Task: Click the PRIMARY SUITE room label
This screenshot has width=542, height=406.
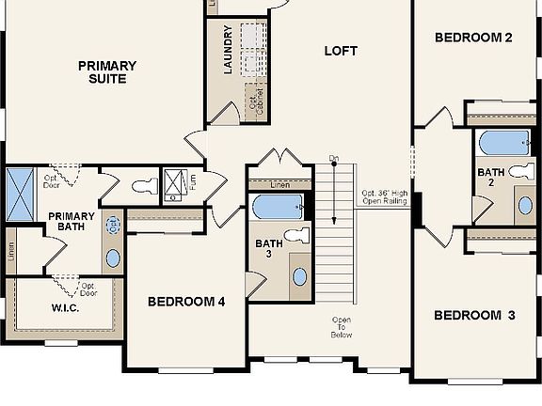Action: coord(106,72)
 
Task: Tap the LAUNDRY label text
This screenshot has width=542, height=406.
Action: coord(228,51)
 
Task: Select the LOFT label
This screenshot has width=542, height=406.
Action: coord(341,51)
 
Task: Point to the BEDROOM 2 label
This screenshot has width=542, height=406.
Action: coord(473,39)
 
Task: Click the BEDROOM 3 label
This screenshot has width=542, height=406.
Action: coord(474,316)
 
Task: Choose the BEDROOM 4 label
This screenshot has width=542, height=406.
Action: coord(186,303)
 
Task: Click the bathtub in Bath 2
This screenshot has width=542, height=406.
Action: coord(503,143)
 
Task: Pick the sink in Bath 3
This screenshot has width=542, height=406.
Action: coord(299,275)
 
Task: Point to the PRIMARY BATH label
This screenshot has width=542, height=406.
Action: coord(72,222)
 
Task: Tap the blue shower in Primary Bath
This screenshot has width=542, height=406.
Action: coord(19,194)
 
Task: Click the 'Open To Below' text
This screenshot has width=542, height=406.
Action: coord(341,327)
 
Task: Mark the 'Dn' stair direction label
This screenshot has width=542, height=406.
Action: coord(334,157)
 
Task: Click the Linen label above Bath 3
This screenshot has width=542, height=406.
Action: coord(279,184)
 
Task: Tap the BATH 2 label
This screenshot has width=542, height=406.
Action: coord(490,178)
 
